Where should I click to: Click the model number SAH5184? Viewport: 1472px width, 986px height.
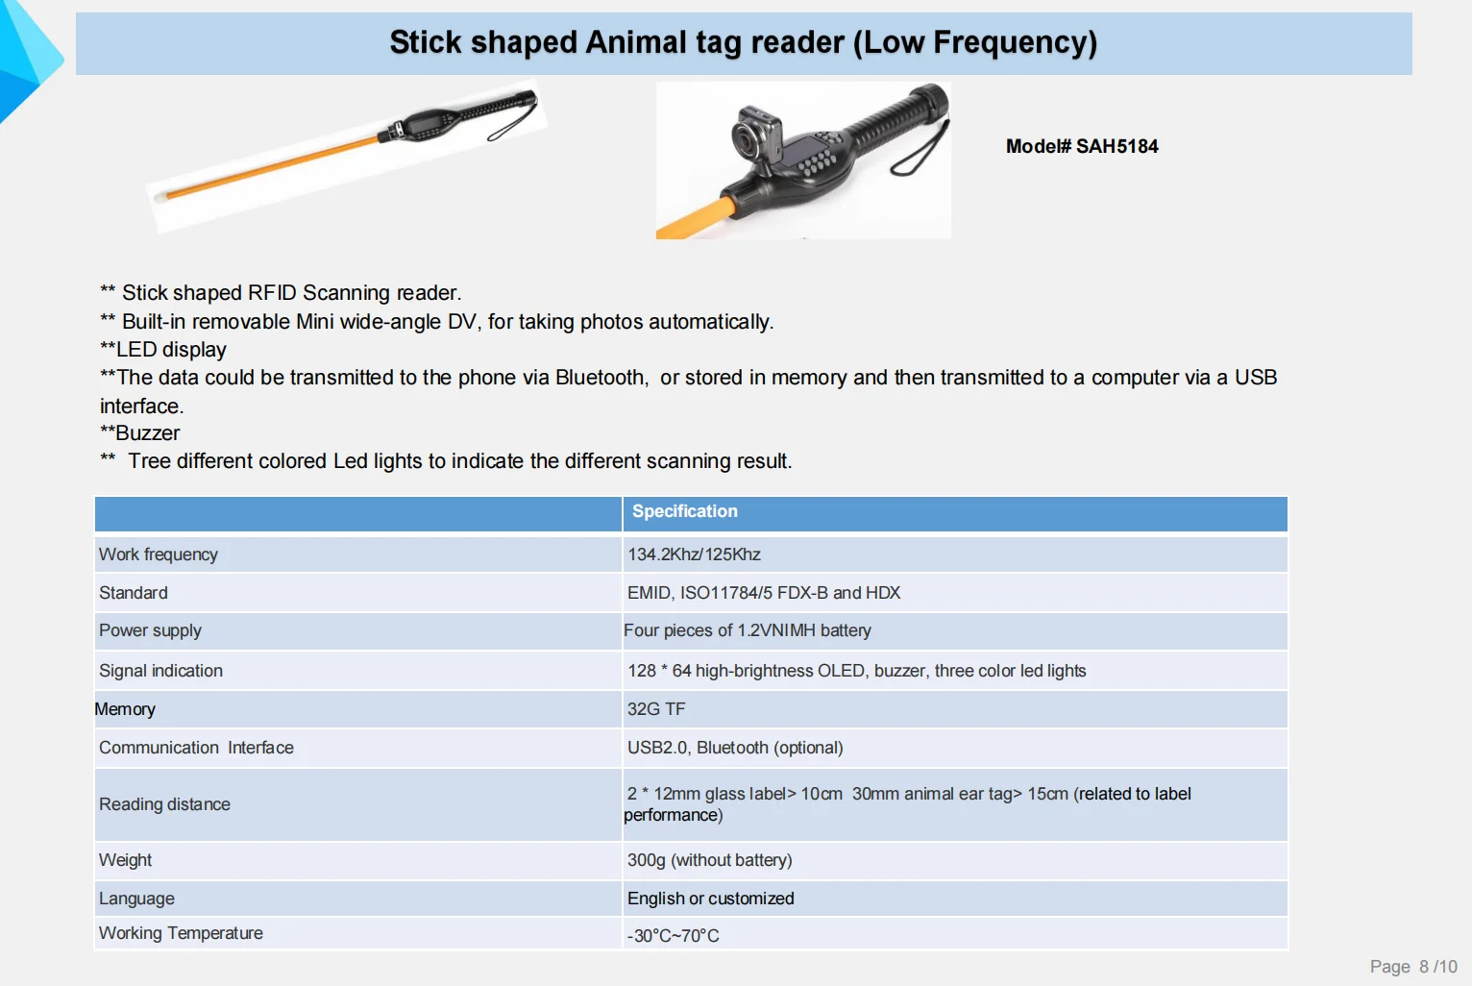click(x=1116, y=146)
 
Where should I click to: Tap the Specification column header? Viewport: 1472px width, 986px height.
click(x=685, y=511)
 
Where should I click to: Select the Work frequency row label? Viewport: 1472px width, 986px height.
click(x=159, y=555)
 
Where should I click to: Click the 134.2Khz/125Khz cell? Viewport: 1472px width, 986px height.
click(x=694, y=555)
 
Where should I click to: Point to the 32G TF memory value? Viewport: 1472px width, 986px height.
click(x=656, y=709)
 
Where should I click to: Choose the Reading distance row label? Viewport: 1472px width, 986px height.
click(x=164, y=804)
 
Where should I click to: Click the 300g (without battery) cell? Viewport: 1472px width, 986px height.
click(x=710, y=860)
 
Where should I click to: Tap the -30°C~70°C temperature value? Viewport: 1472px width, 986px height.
click(x=673, y=935)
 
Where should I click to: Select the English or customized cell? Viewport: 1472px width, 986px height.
click(x=710, y=899)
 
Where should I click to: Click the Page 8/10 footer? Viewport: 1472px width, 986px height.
click(x=1413, y=966)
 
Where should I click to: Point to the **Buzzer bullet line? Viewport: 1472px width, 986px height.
click(x=140, y=433)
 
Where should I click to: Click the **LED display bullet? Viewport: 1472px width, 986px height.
click(x=163, y=350)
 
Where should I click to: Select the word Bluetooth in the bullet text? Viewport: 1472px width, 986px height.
click(x=601, y=378)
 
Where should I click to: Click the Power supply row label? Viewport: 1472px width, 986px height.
click(x=150, y=631)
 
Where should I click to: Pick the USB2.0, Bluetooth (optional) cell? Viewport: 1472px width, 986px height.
click(x=735, y=748)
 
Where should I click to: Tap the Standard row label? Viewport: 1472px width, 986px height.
click(x=133, y=593)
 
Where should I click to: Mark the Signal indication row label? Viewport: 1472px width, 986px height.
click(x=160, y=671)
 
